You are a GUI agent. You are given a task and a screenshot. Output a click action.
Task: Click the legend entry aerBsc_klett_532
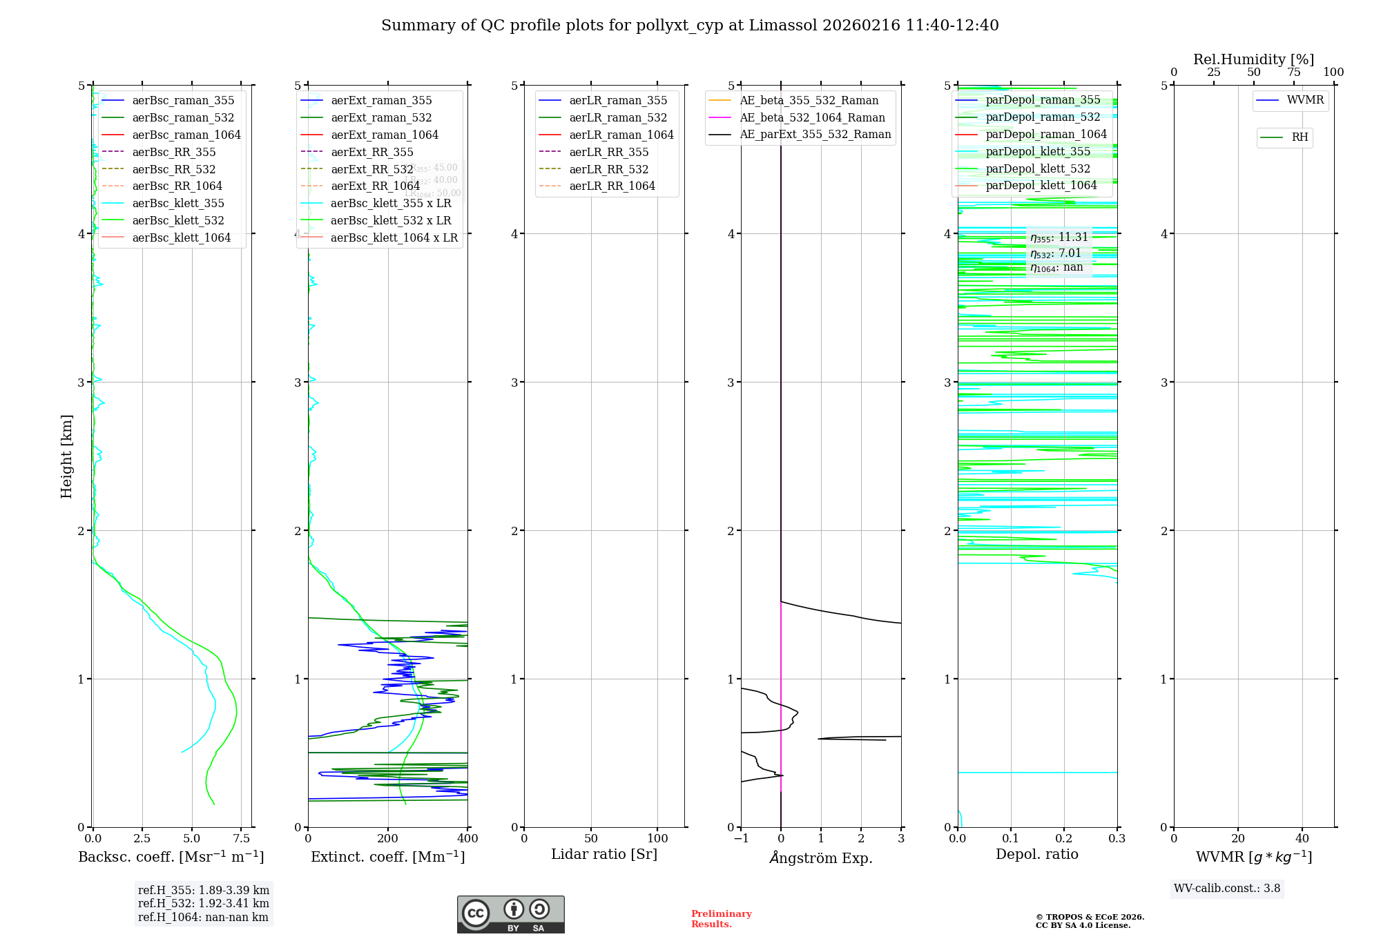tap(178, 221)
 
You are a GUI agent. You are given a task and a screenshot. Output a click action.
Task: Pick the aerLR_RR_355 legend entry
tap(609, 153)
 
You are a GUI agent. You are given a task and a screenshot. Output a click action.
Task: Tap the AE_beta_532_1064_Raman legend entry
tap(812, 118)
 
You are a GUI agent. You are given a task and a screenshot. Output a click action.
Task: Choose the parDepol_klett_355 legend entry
tap(1038, 152)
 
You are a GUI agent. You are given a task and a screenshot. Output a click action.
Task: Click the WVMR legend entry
tap(1305, 101)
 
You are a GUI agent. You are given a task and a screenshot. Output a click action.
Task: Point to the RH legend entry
tap(1300, 138)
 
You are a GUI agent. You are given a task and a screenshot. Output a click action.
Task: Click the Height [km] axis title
tap(66, 456)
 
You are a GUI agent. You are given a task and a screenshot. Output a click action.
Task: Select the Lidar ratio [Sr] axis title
tap(604, 855)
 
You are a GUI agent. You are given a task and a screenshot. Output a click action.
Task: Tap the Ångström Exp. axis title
tap(821, 858)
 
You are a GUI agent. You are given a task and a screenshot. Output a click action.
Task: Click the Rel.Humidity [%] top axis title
tap(1253, 59)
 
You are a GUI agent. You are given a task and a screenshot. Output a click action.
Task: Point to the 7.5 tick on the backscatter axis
tap(241, 839)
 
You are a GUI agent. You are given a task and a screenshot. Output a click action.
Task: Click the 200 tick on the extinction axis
tap(388, 839)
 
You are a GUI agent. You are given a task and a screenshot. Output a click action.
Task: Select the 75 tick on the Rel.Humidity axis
tap(1293, 72)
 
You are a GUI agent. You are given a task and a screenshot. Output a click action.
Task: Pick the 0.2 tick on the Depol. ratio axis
tap(1064, 839)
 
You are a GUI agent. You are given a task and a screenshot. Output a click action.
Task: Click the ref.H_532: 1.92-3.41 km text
tap(204, 904)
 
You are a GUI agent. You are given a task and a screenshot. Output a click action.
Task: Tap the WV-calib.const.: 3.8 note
tap(1227, 889)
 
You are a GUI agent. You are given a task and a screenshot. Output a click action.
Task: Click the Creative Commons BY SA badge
tap(510, 915)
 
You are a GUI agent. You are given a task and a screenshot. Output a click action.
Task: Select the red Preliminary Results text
tap(721, 919)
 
